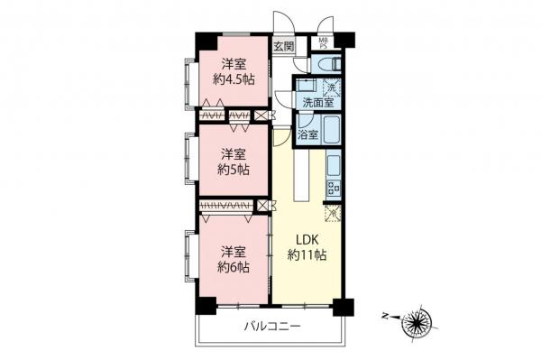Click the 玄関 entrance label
284,45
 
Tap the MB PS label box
324,42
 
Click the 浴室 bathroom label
307,135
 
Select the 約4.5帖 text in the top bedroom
234,79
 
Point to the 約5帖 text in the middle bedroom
233,169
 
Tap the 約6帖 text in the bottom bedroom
233,267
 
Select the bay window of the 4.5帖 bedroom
189,83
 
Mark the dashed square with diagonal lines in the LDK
332,214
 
